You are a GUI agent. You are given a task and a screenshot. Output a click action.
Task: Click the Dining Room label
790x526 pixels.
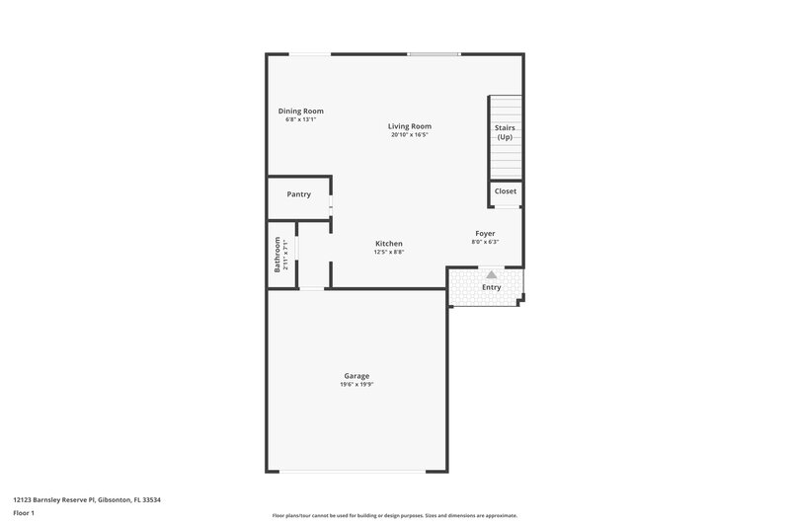click(x=300, y=112)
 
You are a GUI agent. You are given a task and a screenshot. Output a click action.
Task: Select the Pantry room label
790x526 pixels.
click(x=299, y=194)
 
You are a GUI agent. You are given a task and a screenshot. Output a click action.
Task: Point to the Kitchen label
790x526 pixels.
click(x=389, y=244)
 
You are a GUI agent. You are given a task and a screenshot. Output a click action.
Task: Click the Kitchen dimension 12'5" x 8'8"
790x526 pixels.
click(x=389, y=253)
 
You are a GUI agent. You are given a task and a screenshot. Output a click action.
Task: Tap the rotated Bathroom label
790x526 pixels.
click(x=277, y=254)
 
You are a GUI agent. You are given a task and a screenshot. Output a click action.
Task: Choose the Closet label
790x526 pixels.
click(x=505, y=191)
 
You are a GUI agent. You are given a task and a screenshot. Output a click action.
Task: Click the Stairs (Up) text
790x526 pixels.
click(x=505, y=132)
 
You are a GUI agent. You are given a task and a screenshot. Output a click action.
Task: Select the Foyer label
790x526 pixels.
click(x=485, y=234)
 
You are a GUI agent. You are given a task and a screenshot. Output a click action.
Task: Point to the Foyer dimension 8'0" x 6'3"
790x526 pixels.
click(x=485, y=243)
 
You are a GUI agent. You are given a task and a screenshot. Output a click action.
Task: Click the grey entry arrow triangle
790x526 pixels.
click(x=491, y=274)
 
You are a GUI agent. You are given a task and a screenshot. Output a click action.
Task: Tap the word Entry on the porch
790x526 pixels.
click(x=491, y=288)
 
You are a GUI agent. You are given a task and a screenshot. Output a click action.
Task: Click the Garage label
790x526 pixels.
click(x=356, y=376)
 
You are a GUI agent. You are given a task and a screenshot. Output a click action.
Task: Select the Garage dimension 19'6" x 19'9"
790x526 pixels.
click(x=356, y=385)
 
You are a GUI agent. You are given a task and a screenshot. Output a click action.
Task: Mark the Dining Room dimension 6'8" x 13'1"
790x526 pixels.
click(x=300, y=120)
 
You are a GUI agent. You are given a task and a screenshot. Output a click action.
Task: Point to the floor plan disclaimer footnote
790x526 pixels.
click(x=394, y=516)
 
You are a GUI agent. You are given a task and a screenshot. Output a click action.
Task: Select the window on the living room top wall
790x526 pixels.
click(x=434, y=54)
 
